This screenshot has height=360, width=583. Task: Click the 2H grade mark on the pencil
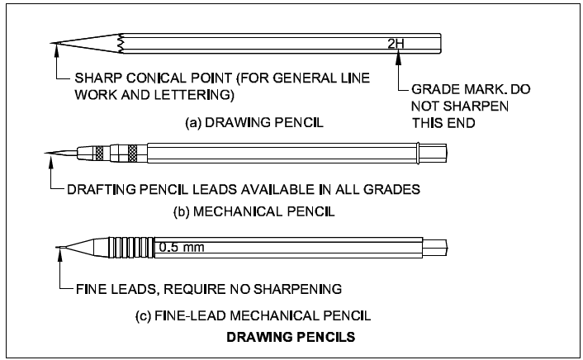[x=395, y=43]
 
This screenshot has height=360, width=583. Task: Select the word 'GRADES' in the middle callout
[x=393, y=188]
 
